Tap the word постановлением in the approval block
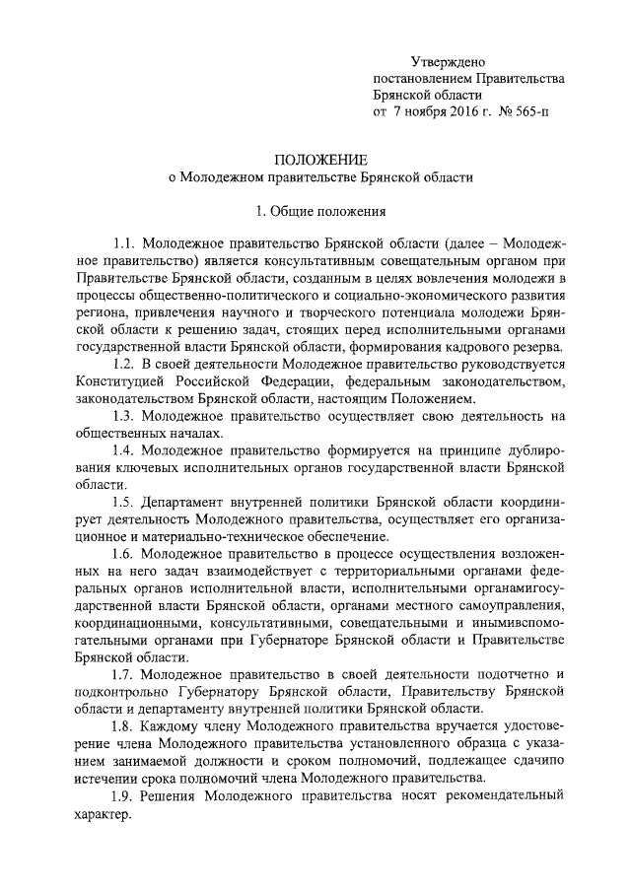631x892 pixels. click(x=421, y=80)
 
